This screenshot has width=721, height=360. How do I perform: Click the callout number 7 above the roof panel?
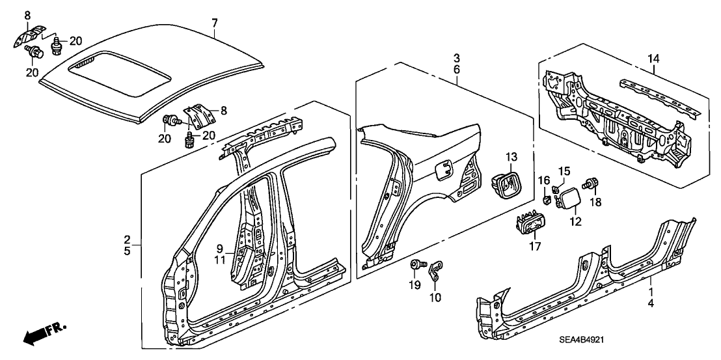coord(214,23)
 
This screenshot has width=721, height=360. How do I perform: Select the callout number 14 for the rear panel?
coord(653,59)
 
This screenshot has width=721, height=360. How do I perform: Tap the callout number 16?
coord(544,180)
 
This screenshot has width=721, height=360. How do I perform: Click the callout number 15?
coord(564,171)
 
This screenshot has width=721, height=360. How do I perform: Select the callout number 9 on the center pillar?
coord(220,248)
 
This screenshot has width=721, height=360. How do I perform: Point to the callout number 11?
coord(220,260)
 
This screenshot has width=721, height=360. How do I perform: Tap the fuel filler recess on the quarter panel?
coord(442,171)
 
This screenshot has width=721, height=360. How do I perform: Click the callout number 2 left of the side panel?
coord(128,239)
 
